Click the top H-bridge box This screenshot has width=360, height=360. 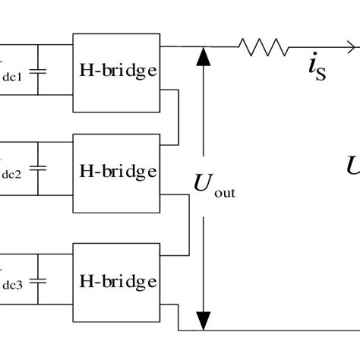click(115, 70)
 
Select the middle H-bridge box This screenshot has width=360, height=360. click(115, 172)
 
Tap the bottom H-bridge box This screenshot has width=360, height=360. click(115, 279)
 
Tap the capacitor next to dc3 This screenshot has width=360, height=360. click(41, 280)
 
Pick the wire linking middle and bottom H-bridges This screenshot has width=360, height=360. click(187, 224)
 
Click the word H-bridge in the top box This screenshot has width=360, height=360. click(115, 70)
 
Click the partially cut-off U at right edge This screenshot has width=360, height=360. click(353, 166)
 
